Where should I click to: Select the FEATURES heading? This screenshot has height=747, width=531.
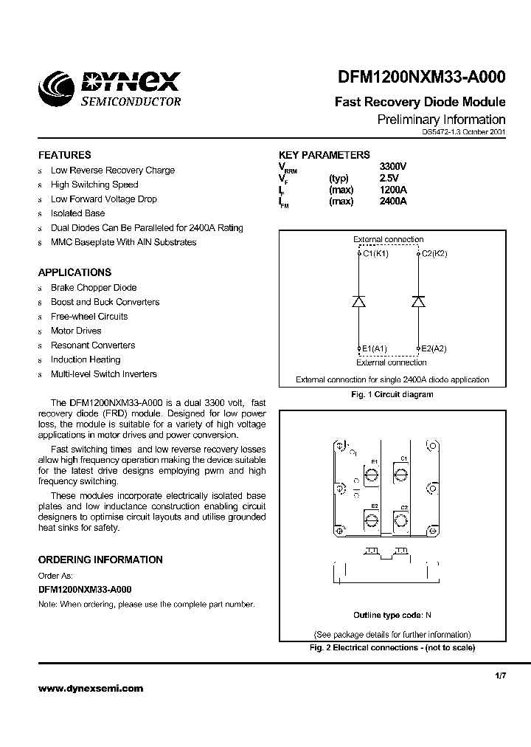click(x=65, y=155)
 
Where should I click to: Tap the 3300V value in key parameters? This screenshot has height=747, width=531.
click(x=392, y=167)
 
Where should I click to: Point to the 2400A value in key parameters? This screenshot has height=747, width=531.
click(x=392, y=202)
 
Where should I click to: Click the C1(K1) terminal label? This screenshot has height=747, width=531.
click(x=374, y=253)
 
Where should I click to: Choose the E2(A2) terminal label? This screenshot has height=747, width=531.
click(x=433, y=348)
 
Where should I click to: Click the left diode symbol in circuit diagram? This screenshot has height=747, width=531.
click(x=358, y=301)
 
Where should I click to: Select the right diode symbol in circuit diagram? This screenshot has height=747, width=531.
click(x=418, y=301)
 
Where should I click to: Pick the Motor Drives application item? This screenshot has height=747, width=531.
click(x=76, y=331)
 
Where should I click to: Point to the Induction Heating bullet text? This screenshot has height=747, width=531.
click(x=86, y=359)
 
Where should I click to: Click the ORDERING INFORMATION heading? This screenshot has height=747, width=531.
click(x=100, y=560)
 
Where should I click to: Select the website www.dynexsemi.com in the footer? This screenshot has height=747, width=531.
click(x=91, y=688)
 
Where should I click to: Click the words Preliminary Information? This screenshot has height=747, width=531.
click(x=441, y=120)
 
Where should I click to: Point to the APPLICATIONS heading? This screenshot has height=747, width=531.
click(x=75, y=272)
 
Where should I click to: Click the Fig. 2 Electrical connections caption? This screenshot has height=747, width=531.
click(x=392, y=647)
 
